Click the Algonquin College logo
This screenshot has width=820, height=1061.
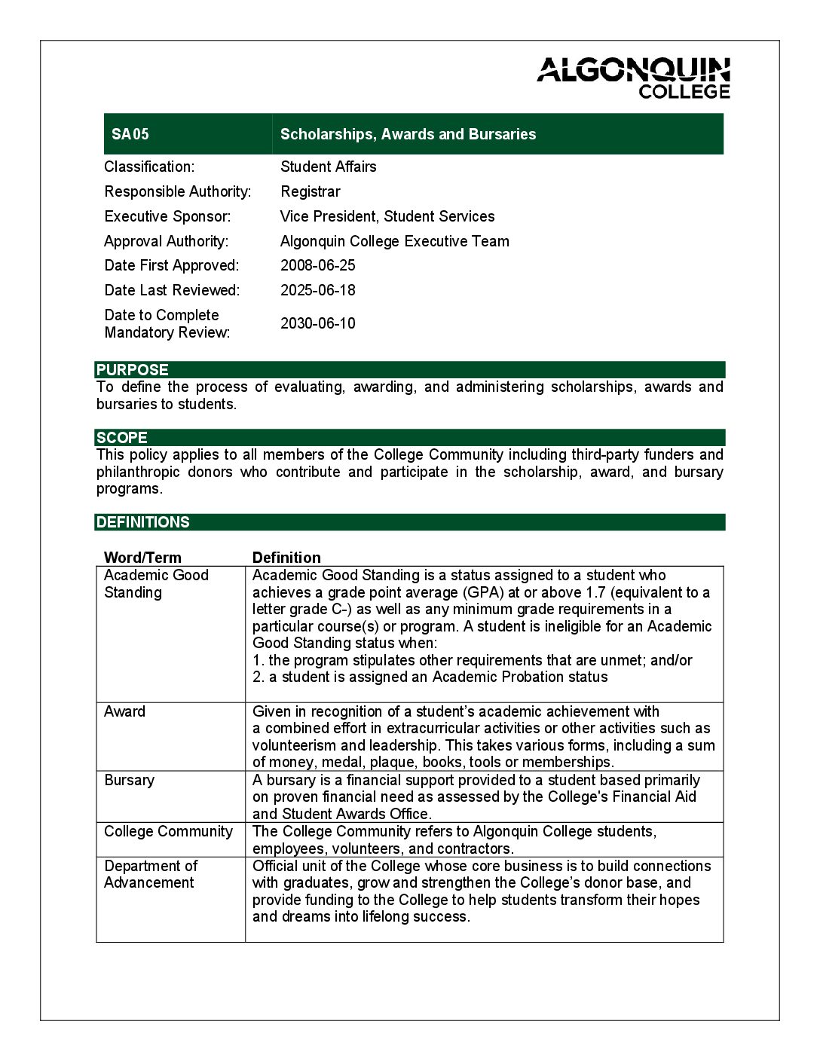click(x=633, y=78)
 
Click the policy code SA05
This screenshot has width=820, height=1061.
click(x=130, y=134)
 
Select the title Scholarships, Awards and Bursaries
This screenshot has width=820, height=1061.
click(x=408, y=134)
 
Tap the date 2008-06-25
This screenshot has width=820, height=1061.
click(x=317, y=265)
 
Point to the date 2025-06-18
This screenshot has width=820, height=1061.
click(x=317, y=290)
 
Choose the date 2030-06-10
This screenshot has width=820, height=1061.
click(x=317, y=323)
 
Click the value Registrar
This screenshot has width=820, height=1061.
click(x=310, y=191)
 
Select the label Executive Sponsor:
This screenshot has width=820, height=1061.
click(x=167, y=216)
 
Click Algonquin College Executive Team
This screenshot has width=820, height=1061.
click(x=394, y=241)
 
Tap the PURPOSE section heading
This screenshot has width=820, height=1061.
click(x=133, y=370)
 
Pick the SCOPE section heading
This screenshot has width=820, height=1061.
click(x=122, y=438)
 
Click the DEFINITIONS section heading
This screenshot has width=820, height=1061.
click(x=143, y=522)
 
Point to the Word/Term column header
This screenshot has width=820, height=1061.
click(x=142, y=558)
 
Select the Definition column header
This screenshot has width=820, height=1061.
click(x=286, y=558)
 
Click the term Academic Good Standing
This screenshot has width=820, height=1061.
click(x=156, y=583)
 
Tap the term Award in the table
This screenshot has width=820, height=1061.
click(x=124, y=711)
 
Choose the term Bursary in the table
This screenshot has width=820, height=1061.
click(x=129, y=780)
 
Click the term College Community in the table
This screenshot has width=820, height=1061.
click(x=168, y=831)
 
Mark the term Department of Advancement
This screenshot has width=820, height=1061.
click(x=151, y=874)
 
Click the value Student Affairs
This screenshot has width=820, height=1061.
click(x=328, y=167)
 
